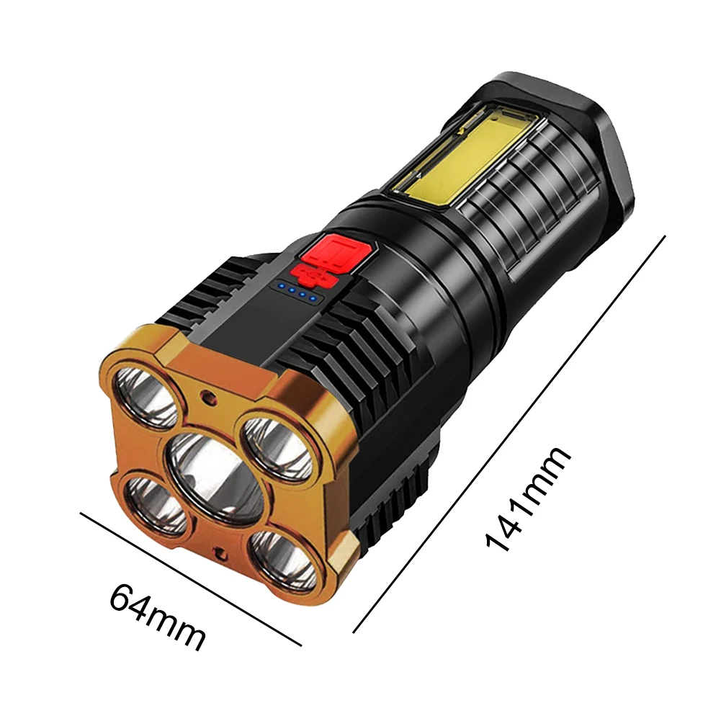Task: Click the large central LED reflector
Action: point(215,475)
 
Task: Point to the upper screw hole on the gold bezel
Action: point(209,396)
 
